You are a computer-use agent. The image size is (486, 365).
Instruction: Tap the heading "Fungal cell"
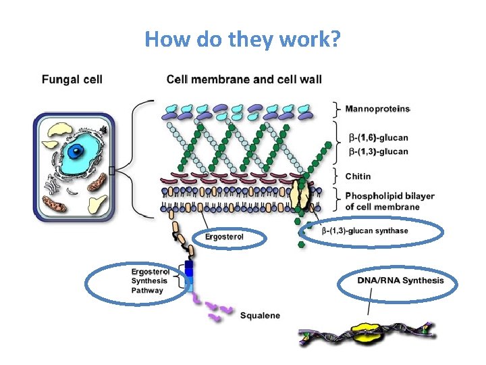(72, 79)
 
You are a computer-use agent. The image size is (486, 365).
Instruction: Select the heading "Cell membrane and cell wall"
(244, 79)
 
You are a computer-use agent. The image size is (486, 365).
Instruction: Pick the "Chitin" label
(358, 176)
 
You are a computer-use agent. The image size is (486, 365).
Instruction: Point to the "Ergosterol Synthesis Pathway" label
(147, 281)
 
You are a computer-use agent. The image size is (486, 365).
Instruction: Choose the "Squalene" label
(261, 315)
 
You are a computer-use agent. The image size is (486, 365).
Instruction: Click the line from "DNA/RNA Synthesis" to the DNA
(369, 306)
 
